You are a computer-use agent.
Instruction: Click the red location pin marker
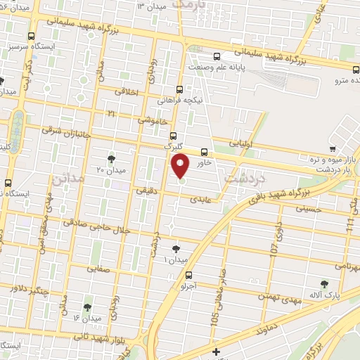181,167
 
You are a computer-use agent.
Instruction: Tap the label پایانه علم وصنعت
223,67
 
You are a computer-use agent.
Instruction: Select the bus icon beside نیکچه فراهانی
181,89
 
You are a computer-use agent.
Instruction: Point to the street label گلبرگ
172,147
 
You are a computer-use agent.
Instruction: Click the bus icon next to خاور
204,151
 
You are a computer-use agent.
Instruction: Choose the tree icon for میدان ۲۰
111,158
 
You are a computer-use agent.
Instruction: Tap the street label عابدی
202,199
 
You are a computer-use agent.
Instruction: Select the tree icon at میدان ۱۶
86,307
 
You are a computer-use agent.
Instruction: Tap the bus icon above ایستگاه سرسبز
30,35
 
